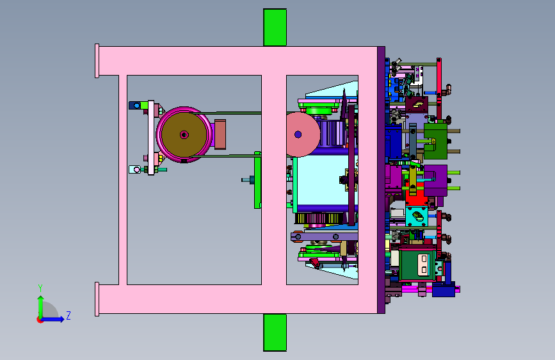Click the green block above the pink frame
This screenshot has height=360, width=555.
click(x=275, y=28)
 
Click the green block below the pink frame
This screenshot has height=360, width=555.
click(x=275, y=332)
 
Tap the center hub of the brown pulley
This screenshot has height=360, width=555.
click(x=184, y=135)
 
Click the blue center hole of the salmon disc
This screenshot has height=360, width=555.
click(x=298, y=135)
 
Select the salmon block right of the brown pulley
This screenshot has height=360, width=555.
click(x=220, y=135)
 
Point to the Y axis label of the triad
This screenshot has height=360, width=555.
click(x=40, y=288)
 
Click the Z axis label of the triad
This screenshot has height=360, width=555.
click(x=68, y=315)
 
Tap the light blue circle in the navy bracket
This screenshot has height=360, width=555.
click(x=136, y=105)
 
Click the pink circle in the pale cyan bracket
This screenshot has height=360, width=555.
click(x=136, y=170)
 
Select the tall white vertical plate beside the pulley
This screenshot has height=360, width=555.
click(x=151, y=138)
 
